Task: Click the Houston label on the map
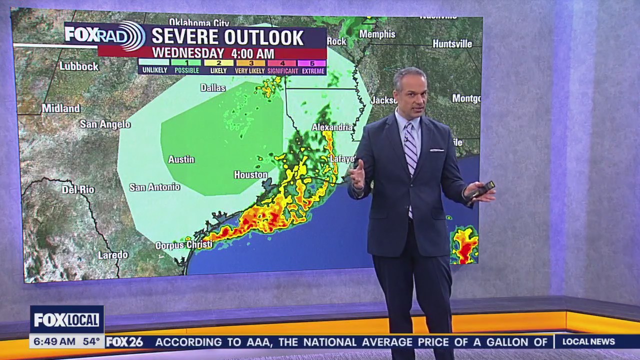250,174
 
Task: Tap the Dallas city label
213,87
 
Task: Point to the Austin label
181,159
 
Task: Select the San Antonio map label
154,187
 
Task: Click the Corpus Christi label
184,245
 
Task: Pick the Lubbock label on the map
79,66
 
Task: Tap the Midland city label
61,108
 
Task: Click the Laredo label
113,255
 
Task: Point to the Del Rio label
78,189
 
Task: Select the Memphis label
377,34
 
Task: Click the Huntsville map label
452,44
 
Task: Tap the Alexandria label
332,127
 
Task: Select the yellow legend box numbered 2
218,63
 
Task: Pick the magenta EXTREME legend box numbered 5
312,63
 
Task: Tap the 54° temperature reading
91,342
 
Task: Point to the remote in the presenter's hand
482,189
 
